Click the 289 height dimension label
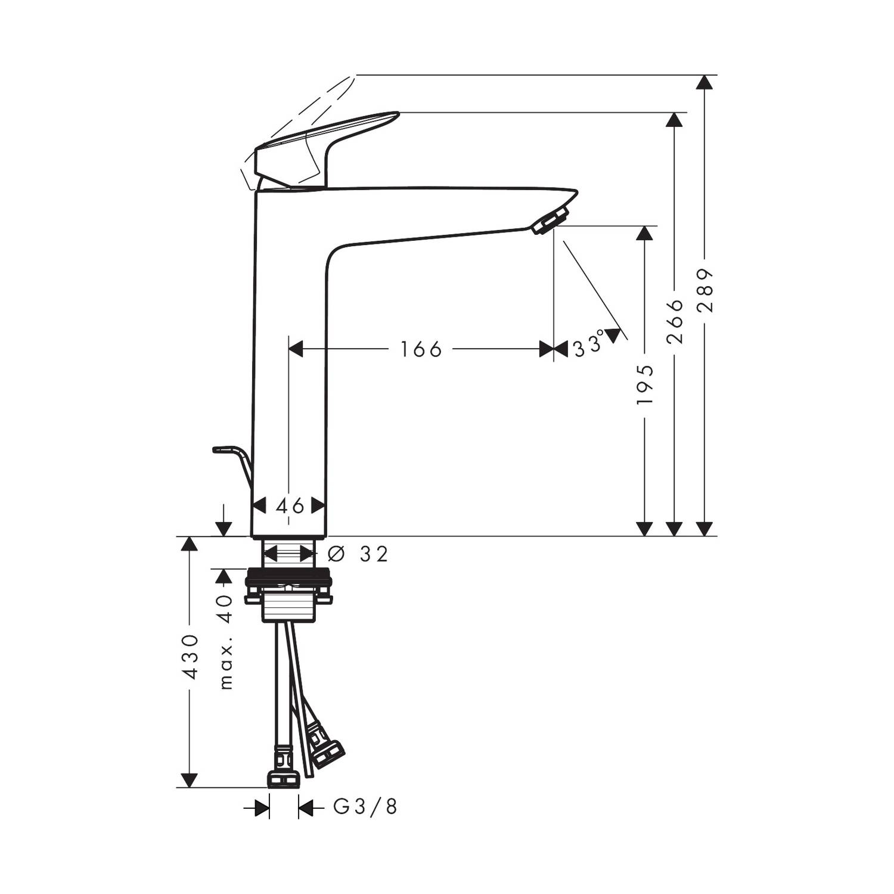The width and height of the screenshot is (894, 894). [706, 291]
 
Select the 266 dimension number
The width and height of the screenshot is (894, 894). [675, 321]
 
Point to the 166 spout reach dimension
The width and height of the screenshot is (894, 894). [421, 349]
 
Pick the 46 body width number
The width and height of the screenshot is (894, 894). [290, 506]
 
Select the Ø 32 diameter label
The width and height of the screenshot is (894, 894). [358, 554]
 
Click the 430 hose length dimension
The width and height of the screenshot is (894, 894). [190, 657]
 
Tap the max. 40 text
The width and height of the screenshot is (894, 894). [225, 641]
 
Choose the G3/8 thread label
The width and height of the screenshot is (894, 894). [365, 807]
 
